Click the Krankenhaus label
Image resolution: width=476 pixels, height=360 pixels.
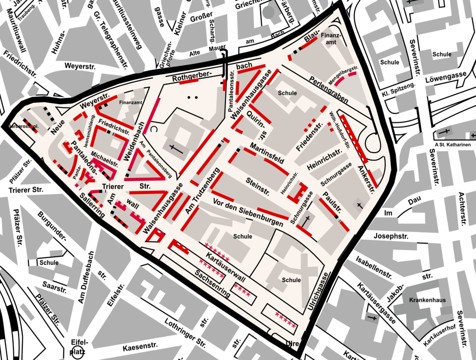(x=427, y=300)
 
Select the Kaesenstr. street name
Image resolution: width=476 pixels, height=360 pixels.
(x=140, y=347)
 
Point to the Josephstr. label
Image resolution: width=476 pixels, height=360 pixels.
(x=390, y=236)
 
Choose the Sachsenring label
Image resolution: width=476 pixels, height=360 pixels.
(x=212, y=284)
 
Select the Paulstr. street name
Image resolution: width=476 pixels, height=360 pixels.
(x=331, y=200)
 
